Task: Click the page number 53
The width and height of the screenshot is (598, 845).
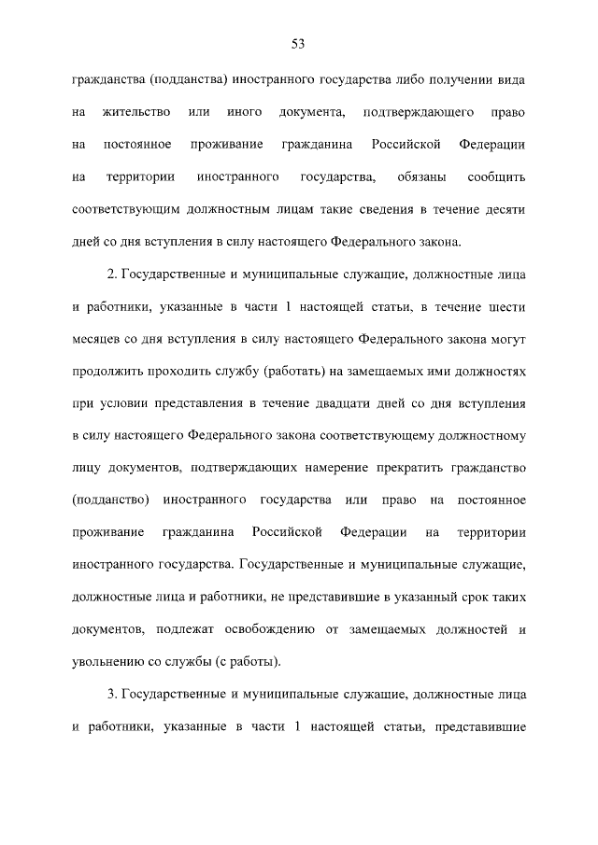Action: pyautogui.click(x=299, y=44)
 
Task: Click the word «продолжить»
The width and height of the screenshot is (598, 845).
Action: pyautogui.click(x=110, y=373)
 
